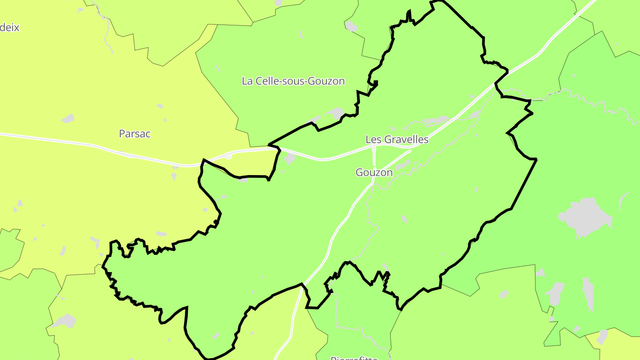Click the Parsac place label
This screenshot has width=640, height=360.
coord(135,133)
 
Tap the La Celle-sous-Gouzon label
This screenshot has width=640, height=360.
coord(293,81)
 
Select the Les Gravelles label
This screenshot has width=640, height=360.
coord(396,140)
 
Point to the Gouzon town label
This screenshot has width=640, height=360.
coord(374,172)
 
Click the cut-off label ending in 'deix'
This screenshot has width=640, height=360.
coord(10,28)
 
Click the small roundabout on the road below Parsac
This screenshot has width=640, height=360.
coord(228,156)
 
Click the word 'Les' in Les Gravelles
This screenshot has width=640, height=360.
coord(373,140)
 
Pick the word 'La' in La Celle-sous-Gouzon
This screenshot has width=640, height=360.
coord(247,81)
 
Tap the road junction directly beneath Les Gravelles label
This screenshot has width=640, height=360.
coord(374,147)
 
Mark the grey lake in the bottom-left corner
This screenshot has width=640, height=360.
coord(64,320)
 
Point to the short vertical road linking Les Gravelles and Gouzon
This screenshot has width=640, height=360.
coord(374,156)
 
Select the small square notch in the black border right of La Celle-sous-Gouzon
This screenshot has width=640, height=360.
coord(375,83)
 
